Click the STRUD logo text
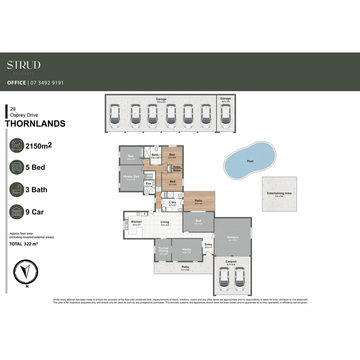(24, 65)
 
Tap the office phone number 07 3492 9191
(47, 83)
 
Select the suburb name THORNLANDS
(35, 124)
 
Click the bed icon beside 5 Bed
(17, 167)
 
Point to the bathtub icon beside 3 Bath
(17, 190)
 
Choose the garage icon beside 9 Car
(17, 212)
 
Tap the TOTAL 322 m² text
(23, 244)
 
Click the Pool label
(250, 161)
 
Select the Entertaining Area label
(279, 193)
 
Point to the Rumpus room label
(233, 237)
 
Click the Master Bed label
(131, 176)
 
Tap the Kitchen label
(136, 222)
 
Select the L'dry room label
(172, 202)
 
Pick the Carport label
(231, 262)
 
